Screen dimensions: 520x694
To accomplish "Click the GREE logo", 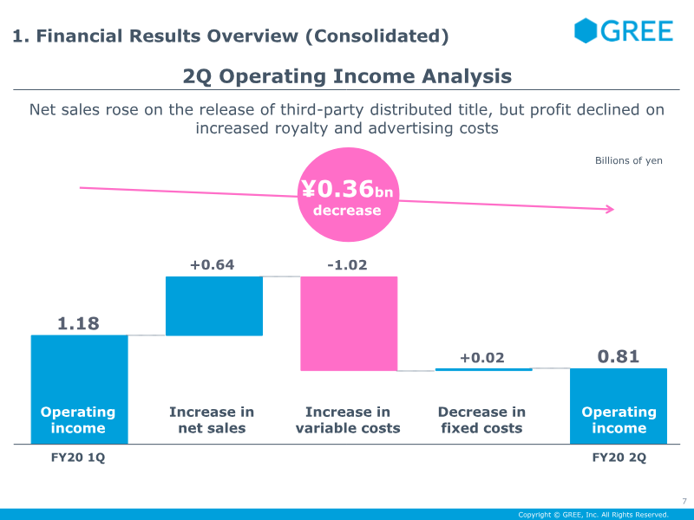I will [623, 31].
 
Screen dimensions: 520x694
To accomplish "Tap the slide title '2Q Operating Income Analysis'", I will [347, 76].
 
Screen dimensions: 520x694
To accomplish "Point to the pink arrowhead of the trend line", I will [610, 209].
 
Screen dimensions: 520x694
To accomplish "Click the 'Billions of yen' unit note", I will [628, 160].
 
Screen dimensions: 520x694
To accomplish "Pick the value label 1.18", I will [78, 323].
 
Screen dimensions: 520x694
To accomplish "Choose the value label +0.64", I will [212, 264].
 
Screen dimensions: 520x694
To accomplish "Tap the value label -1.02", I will [347, 264].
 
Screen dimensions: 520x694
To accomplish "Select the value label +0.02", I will [481, 358].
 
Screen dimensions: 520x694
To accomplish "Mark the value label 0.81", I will [619, 356].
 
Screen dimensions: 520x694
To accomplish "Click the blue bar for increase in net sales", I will [213, 306].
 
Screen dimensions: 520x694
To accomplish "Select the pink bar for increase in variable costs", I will [349, 323].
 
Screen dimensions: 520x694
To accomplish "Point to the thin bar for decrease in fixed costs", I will [483, 369].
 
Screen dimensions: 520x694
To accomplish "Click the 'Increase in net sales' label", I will [212, 419].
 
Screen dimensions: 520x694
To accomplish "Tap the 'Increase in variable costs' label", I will [348, 419].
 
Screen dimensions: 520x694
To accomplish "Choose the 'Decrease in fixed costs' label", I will [481, 419].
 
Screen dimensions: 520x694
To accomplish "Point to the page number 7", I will [684, 501].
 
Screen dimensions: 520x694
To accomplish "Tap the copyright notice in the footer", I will [593, 515].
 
